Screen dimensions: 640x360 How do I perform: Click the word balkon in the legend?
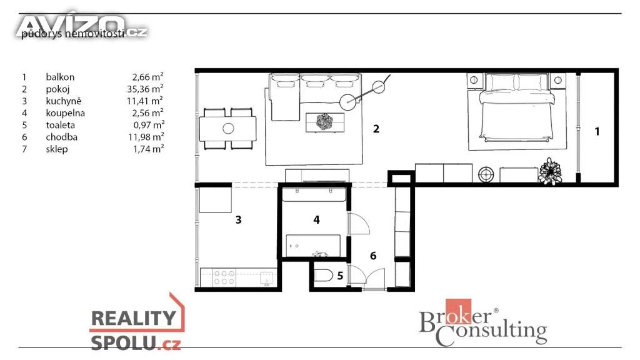pyautogui.click(x=60, y=77)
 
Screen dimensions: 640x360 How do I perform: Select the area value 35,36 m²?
pyautogui.click(x=145, y=89)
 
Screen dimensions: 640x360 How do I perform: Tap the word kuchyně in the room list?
pyautogui.click(x=64, y=101)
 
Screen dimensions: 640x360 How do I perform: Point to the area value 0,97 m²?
pyautogui.click(x=149, y=125)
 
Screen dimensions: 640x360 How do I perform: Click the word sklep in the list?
pyautogui.click(x=57, y=149)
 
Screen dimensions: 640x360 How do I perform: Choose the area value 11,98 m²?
pyautogui.click(x=146, y=137)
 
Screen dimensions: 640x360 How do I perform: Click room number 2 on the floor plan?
pyautogui.click(x=376, y=129)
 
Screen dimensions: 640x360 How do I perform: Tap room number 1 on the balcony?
pyautogui.click(x=597, y=131)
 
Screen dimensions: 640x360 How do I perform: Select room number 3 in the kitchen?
pyautogui.click(x=238, y=220)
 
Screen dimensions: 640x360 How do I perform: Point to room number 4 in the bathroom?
pyautogui.click(x=316, y=220)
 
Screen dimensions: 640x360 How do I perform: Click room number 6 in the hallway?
pyautogui.click(x=373, y=256)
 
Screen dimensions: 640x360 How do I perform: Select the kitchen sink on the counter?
pyautogui.click(x=267, y=278)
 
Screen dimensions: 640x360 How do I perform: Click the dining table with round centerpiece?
pyautogui.click(x=227, y=129)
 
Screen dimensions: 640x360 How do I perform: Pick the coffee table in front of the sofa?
pyautogui.click(x=325, y=122)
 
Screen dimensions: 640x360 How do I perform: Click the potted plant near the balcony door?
pyautogui.click(x=550, y=171)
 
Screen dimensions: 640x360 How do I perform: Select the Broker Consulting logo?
pyautogui.click(x=483, y=322)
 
